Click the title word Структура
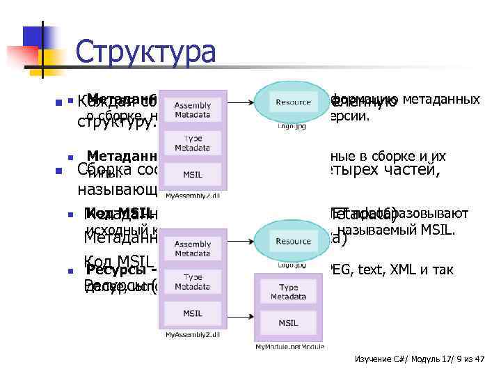(x=145, y=52)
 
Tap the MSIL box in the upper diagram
(x=193, y=173)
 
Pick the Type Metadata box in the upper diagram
(x=193, y=143)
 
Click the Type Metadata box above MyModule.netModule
(x=288, y=292)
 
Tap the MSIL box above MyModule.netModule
(x=288, y=322)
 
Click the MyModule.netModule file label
(x=288, y=346)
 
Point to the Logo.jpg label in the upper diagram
(x=292, y=127)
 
